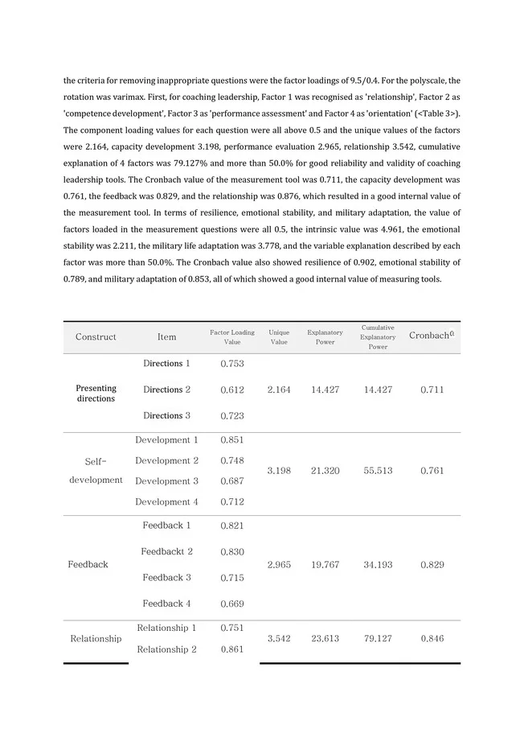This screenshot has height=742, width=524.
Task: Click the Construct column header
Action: (x=96, y=337)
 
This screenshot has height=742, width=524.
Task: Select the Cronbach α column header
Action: (x=432, y=336)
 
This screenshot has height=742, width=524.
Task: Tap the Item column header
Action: (x=166, y=337)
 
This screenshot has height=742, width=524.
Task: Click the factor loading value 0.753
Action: (x=232, y=364)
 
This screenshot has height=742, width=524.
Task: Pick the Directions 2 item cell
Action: (x=166, y=390)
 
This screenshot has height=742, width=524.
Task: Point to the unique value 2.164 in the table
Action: (x=279, y=390)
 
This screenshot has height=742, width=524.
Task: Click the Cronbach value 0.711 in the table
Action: (x=432, y=390)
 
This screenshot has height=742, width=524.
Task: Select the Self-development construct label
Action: (x=96, y=471)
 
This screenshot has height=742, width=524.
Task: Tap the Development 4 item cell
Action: (x=166, y=502)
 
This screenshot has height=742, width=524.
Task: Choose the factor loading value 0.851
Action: (x=232, y=440)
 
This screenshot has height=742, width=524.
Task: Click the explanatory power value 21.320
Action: (x=325, y=471)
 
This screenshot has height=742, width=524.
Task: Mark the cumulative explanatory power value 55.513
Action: (x=378, y=471)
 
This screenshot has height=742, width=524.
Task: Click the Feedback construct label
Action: (x=88, y=565)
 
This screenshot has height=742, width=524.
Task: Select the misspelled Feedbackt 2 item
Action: (x=166, y=552)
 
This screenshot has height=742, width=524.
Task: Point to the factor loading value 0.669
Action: (x=232, y=604)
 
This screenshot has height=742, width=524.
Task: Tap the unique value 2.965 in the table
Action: (x=279, y=565)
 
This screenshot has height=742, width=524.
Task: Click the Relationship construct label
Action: (x=96, y=639)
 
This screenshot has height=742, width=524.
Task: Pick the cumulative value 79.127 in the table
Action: (x=378, y=639)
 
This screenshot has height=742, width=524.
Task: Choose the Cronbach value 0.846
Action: (x=432, y=639)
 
